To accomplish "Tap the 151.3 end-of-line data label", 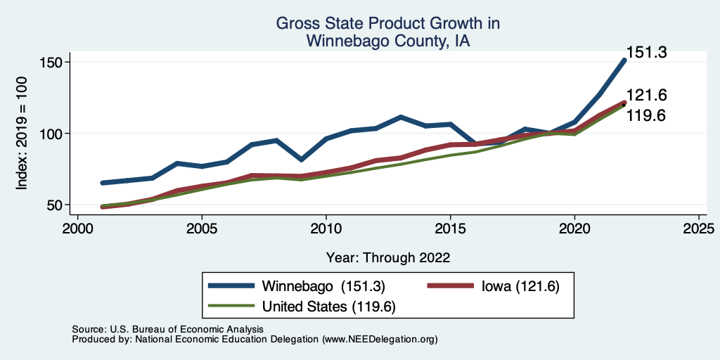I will point(646,52).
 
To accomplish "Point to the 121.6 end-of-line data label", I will point(646,96).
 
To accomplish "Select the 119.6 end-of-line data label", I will point(646,115).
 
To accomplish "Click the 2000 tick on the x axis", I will point(77,229).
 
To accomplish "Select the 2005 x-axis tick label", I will point(202,229).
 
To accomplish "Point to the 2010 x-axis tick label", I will point(326,229).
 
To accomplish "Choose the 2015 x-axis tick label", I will point(450,229).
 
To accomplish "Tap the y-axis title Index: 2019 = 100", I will point(22,134).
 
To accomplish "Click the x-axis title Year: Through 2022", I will point(388,257).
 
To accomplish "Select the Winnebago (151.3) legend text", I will point(323,286).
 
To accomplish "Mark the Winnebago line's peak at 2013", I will point(400,117).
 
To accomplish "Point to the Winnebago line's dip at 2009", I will point(301,160).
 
